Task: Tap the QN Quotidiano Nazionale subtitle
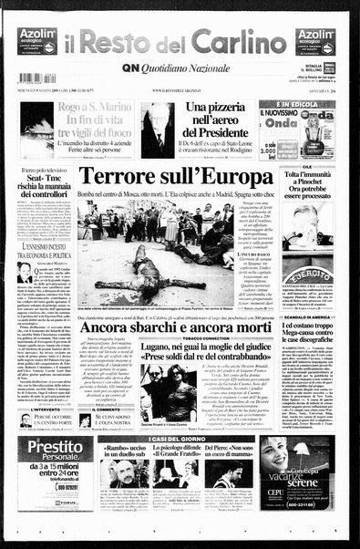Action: (180, 67)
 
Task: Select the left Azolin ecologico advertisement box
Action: (37, 41)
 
